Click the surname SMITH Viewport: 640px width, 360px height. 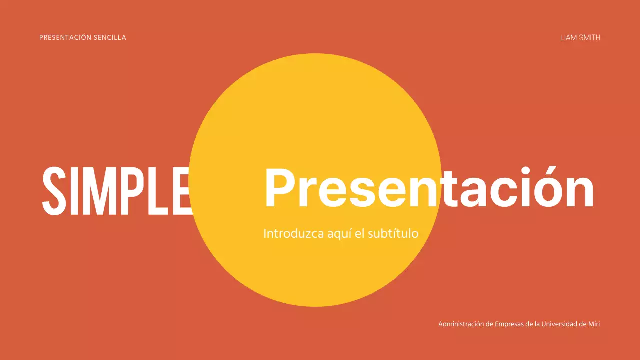click(x=590, y=37)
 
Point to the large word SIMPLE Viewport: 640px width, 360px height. click(x=117, y=190)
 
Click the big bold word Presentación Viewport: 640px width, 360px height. click(x=429, y=188)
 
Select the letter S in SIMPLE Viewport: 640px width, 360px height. click(x=54, y=190)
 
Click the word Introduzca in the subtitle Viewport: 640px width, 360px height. click(x=288, y=233)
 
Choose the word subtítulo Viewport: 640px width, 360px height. click(x=393, y=233)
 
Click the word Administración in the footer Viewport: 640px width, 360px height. click(x=461, y=324)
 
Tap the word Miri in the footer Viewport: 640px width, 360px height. click(x=594, y=324)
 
